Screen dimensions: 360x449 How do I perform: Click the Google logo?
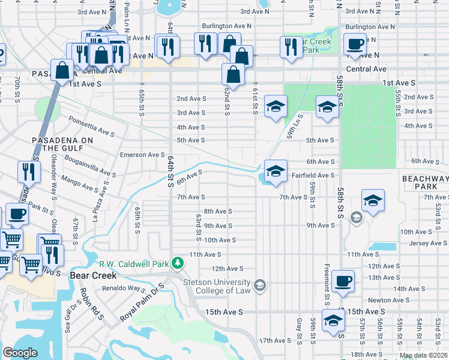coord(20,353)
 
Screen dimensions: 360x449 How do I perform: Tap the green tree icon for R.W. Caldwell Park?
coord(178,263)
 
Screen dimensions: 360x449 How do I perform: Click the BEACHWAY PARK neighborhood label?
coord(425,183)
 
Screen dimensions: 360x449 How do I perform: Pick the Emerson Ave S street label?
coord(142,155)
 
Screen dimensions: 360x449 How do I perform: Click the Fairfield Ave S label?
coord(313,175)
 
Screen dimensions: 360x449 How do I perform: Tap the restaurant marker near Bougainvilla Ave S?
coord(29,172)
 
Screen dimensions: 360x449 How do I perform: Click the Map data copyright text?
coord(423,355)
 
